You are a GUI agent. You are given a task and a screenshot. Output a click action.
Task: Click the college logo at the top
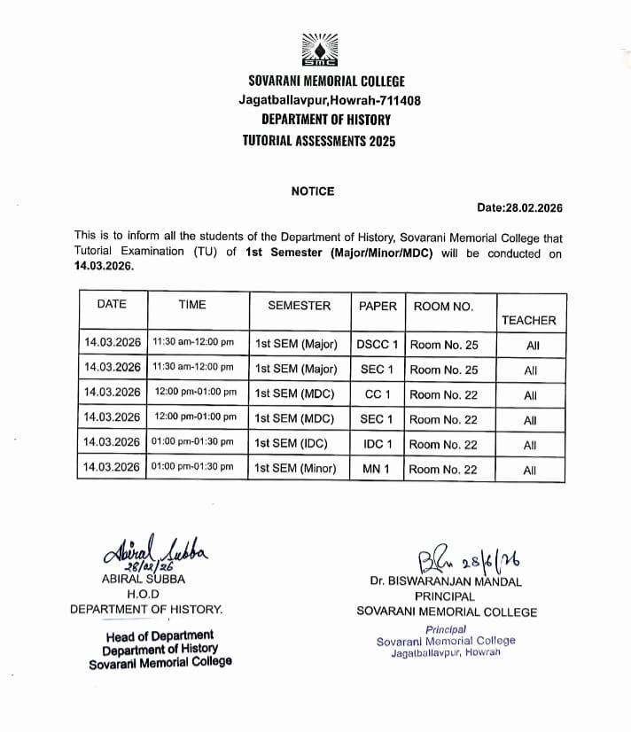coord(319,51)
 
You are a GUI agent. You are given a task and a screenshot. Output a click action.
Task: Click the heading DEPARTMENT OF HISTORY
coord(325,119)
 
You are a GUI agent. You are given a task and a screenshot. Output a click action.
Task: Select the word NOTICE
coord(313,191)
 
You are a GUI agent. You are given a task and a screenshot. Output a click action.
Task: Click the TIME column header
coord(192,305)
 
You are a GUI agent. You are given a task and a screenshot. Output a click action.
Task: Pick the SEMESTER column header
coord(300,305)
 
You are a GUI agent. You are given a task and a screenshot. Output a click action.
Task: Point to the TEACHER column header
coord(529,320)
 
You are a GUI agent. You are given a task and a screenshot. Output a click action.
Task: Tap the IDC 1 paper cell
coord(378,444)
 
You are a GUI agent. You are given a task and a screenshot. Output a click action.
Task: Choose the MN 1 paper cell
coord(378,468)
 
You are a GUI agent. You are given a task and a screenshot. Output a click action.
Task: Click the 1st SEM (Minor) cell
coord(296,468)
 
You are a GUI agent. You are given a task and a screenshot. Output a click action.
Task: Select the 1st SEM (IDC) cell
coord(294,444)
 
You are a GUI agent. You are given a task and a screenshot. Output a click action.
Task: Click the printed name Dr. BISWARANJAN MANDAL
coord(447,582)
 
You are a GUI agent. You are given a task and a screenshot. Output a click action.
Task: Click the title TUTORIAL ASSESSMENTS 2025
coord(319,141)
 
